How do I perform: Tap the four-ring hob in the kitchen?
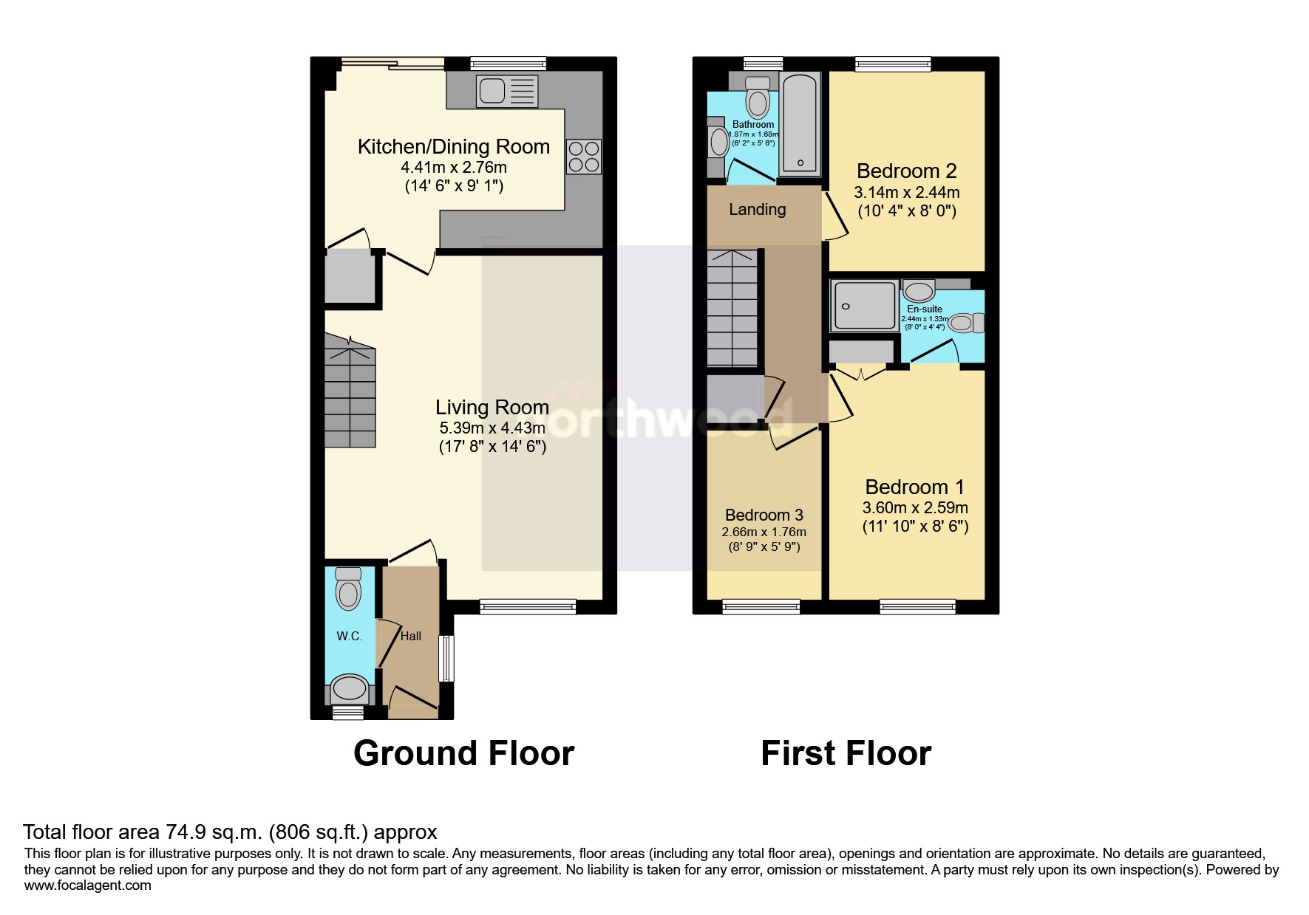[584, 157]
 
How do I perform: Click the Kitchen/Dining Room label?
[453, 147]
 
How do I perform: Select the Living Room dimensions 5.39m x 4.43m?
[492, 428]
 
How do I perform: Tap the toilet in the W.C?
[348, 589]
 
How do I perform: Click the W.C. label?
[349, 636]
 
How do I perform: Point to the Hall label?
[411, 636]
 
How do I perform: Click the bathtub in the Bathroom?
[800, 123]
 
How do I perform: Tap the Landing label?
[757, 210]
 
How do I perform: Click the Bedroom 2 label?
[906, 171]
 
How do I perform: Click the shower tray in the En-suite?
[865, 306]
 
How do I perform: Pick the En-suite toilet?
[966, 323]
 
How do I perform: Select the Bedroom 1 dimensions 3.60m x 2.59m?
[915, 508]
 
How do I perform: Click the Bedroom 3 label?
[764, 515]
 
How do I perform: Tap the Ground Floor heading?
[463, 754]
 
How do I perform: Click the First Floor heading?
[846, 754]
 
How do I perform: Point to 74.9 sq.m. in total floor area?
[214, 832]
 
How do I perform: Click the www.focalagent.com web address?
[87, 885]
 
